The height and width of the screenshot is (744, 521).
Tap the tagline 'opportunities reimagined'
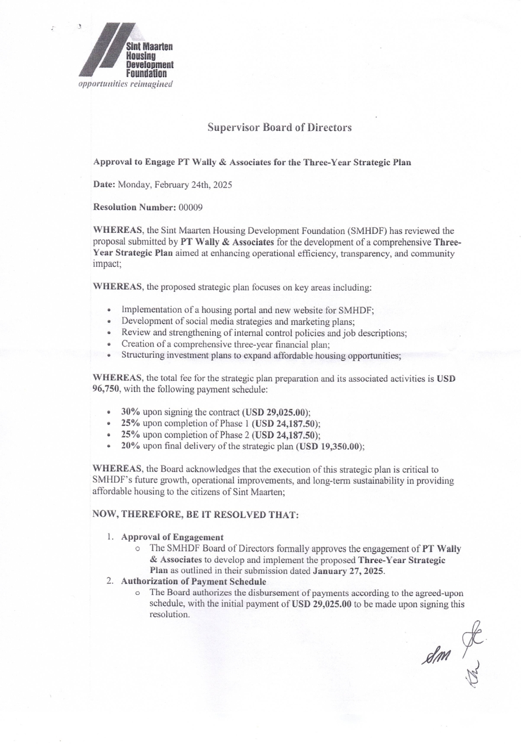[x=125, y=84]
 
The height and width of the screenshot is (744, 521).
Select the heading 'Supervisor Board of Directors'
[x=279, y=127]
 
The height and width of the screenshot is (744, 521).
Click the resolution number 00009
[x=190, y=207]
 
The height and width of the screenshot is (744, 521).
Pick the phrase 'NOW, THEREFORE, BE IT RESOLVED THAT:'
[x=196, y=515]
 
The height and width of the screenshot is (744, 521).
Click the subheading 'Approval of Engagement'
[x=172, y=537]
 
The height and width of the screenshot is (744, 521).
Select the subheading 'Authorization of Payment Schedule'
[x=193, y=582]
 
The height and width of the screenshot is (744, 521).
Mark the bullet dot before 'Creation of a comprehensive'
[x=111, y=345]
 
